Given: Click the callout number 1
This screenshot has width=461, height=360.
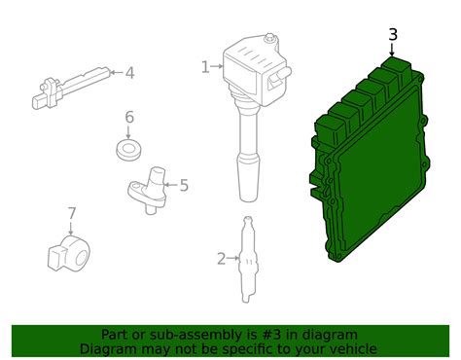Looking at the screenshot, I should pyautogui.click(x=205, y=67).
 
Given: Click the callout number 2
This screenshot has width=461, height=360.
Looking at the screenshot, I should pyautogui.click(x=221, y=258).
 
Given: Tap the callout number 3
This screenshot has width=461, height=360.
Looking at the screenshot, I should pyautogui.click(x=392, y=35).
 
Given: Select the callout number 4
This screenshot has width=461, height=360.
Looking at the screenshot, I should pyautogui.click(x=129, y=72).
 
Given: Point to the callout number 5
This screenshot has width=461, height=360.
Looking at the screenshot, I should pyautogui.click(x=184, y=184).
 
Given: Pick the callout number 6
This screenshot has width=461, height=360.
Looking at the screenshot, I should pyautogui.click(x=128, y=118).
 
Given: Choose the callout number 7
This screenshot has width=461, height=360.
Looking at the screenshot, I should pyautogui.click(x=71, y=213).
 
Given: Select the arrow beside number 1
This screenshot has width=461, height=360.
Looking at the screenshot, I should pyautogui.click(x=216, y=67).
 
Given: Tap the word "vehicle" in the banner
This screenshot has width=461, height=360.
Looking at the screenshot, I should pyautogui.click(x=352, y=348).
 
